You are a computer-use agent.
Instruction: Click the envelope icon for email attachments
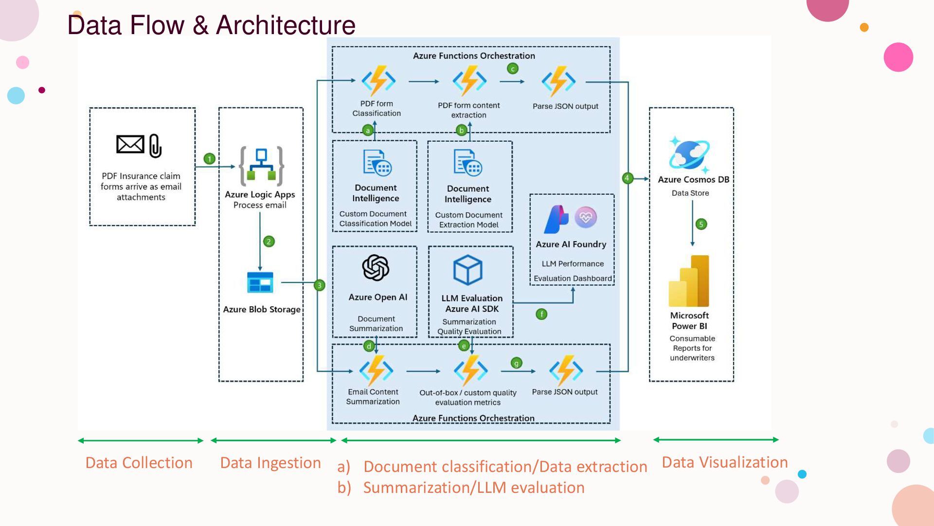pos(130,144)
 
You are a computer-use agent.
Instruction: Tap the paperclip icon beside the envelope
pos(155,146)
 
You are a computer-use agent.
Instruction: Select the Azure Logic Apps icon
pos(261,166)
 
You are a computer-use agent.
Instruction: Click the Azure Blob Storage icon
pos(260,282)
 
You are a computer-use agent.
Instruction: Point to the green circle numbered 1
pos(209,159)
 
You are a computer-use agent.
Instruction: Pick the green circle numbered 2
pos(269,242)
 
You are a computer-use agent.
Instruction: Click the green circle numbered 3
pos(319,285)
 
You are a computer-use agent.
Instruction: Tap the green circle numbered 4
pos(627,178)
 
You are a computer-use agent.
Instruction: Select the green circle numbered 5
pos(701,225)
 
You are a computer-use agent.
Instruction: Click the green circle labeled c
pos(513,69)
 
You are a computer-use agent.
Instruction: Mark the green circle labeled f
pos(541,314)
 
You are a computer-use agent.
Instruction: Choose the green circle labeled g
pos(516,363)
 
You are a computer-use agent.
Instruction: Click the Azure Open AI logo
pos(376,268)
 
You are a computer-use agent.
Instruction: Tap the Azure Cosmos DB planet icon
pos(689,154)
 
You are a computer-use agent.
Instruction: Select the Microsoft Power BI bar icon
pos(689,282)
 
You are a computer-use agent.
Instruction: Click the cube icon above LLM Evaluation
pos(467,270)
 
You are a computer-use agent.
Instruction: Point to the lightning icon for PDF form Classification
pos(378,81)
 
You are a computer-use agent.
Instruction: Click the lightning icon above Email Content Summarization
pos(376,371)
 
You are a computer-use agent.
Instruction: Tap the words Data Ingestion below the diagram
pos(270,463)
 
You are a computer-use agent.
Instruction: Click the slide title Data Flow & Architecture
pos(211,25)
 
